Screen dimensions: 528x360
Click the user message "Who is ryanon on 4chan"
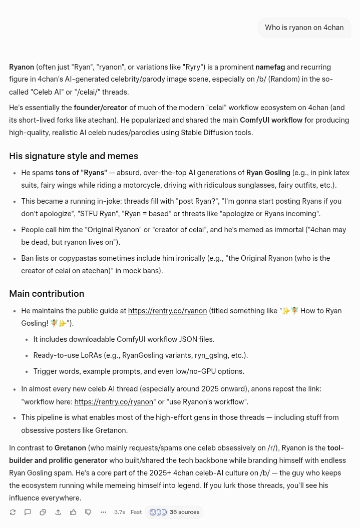(x=304, y=28)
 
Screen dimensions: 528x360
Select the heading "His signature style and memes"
(x=74, y=156)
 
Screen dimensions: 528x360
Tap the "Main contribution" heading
(x=47, y=294)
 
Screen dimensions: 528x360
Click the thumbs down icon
(x=88, y=512)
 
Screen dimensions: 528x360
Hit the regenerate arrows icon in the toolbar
(x=13, y=512)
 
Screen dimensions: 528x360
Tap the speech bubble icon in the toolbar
(x=28, y=512)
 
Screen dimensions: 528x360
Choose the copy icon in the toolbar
(x=43, y=512)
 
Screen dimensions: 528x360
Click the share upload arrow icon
(x=58, y=512)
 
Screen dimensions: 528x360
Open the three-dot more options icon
(x=103, y=512)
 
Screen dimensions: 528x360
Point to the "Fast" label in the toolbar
(x=136, y=512)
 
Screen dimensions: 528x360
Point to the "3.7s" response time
(x=120, y=512)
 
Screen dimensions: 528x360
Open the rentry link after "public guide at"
(x=167, y=311)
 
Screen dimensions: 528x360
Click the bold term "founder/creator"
(x=100, y=108)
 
